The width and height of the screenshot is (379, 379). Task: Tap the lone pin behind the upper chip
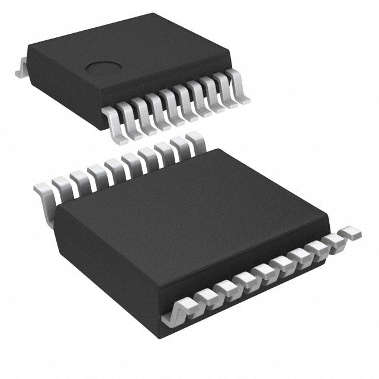pos(20,69)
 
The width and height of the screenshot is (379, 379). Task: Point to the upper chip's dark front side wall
pos(166,89)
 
